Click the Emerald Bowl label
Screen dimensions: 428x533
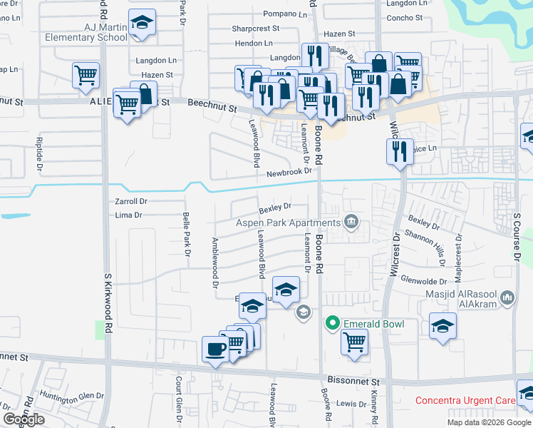[x=373, y=325]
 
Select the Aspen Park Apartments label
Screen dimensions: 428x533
[x=289, y=223]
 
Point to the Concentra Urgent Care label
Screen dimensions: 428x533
[x=465, y=402]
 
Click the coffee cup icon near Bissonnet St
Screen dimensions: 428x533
[x=215, y=349]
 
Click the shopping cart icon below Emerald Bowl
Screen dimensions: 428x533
[x=354, y=342]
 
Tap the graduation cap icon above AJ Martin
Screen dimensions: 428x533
[x=143, y=24]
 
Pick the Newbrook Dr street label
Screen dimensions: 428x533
[x=289, y=173]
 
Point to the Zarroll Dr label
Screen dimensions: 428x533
[x=130, y=202]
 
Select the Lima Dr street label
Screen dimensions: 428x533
[x=128, y=215]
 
